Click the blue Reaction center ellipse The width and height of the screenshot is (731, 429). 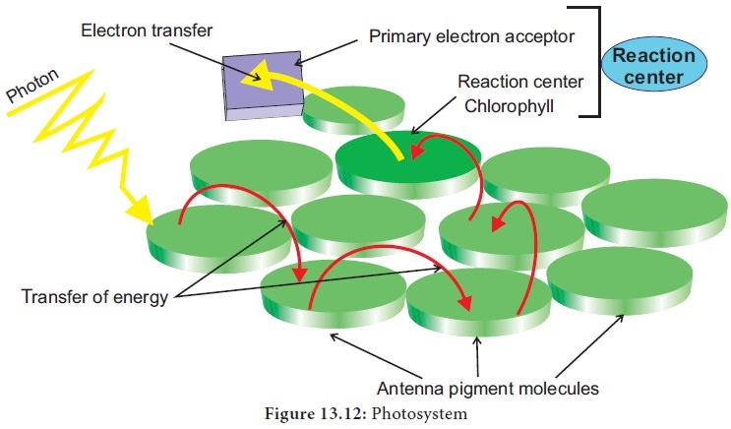click(x=654, y=66)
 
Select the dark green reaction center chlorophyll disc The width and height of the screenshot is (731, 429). click(x=408, y=157)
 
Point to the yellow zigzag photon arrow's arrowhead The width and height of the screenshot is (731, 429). click(x=140, y=210)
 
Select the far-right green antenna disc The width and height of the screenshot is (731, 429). click(x=654, y=211)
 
